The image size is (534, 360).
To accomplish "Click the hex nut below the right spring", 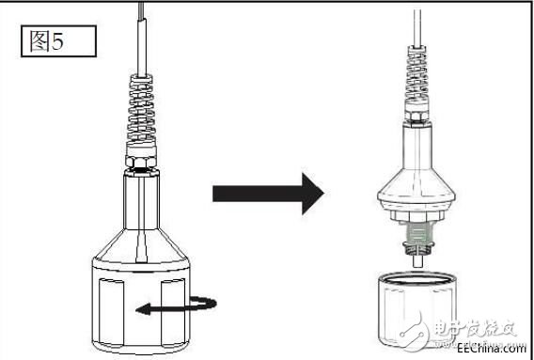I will [x=416, y=120].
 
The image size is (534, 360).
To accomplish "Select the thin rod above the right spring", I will [x=416, y=28].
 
